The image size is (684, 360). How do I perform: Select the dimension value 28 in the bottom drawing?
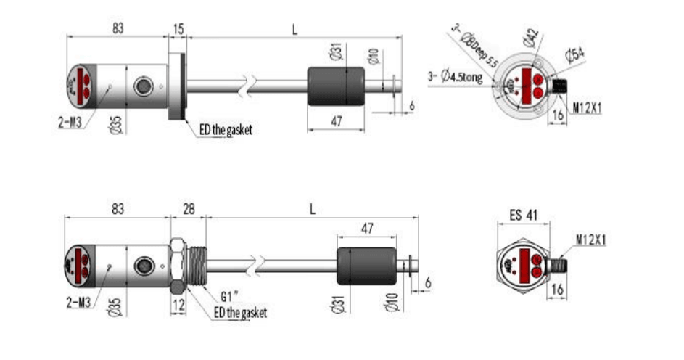pyautogui.click(x=188, y=209)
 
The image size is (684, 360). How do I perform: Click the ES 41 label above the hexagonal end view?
pyautogui.click(x=522, y=215)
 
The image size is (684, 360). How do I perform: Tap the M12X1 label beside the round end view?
pyautogui.click(x=590, y=108)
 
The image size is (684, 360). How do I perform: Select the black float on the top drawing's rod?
pyautogui.click(x=336, y=86)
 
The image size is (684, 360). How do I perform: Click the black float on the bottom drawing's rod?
pyautogui.click(x=367, y=268)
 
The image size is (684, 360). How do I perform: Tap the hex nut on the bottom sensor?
pyautogui.click(x=177, y=267)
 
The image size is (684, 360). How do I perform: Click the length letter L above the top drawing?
pyautogui.click(x=294, y=30)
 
